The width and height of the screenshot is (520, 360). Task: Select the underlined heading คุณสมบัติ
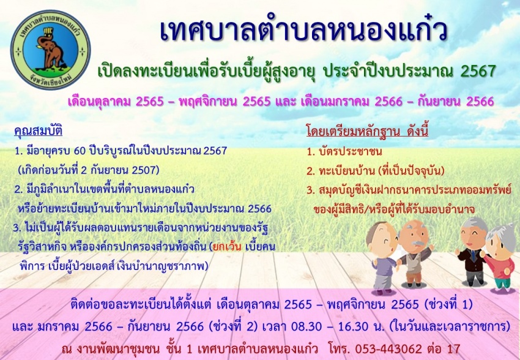coord(38,130)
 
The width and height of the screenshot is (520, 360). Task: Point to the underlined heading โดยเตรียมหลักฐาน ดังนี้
coord(368,131)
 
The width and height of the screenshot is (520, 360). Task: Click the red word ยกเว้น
coord(228,247)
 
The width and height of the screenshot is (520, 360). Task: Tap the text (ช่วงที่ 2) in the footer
coord(233,326)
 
